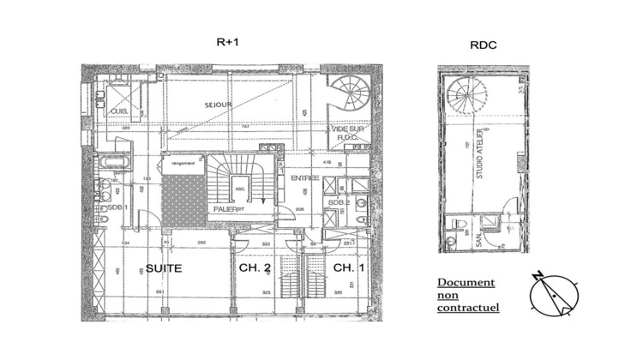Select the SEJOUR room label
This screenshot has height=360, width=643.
coord(219,105)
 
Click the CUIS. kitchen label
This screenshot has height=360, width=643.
coord(117,112)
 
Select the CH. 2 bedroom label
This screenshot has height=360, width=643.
coord(255,267)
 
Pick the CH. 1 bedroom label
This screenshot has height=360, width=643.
coord(344,267)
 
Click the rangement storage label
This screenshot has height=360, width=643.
coord(183,162)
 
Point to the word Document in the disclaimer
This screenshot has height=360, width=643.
coord(466,282)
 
